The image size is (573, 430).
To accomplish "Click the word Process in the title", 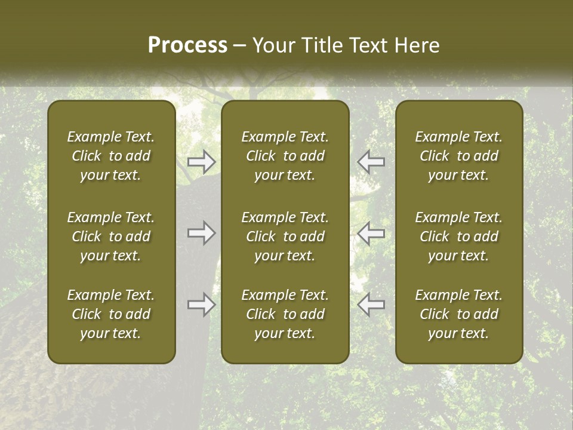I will tap(187, 45).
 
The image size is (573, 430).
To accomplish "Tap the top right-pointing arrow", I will tap(201, 162).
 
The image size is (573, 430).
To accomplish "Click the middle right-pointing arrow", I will tap(201, 233).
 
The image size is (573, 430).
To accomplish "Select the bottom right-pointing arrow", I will tap(201, 305).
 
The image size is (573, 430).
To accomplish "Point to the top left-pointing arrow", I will tap(371, 162).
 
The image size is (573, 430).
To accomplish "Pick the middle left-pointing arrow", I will tap(371, 233).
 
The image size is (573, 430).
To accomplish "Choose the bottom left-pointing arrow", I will tap(371, 305).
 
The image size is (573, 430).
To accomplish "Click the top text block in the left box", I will tap(111, 156).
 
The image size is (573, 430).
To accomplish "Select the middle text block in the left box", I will tap(111, 236).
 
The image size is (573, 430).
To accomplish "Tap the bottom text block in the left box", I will tap(111, 314).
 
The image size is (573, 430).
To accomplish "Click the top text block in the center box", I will tap(285, 156).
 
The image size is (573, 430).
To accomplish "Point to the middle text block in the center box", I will tap(285, 236).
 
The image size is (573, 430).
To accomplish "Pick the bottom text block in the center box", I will tap(285, 314).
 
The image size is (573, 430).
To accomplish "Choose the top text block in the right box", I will tap(459, 156).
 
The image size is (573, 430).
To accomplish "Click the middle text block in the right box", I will tap(459, 236).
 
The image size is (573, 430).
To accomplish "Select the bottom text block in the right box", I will tap(459, 314).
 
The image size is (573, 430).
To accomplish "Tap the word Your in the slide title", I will tap(272, 45).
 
